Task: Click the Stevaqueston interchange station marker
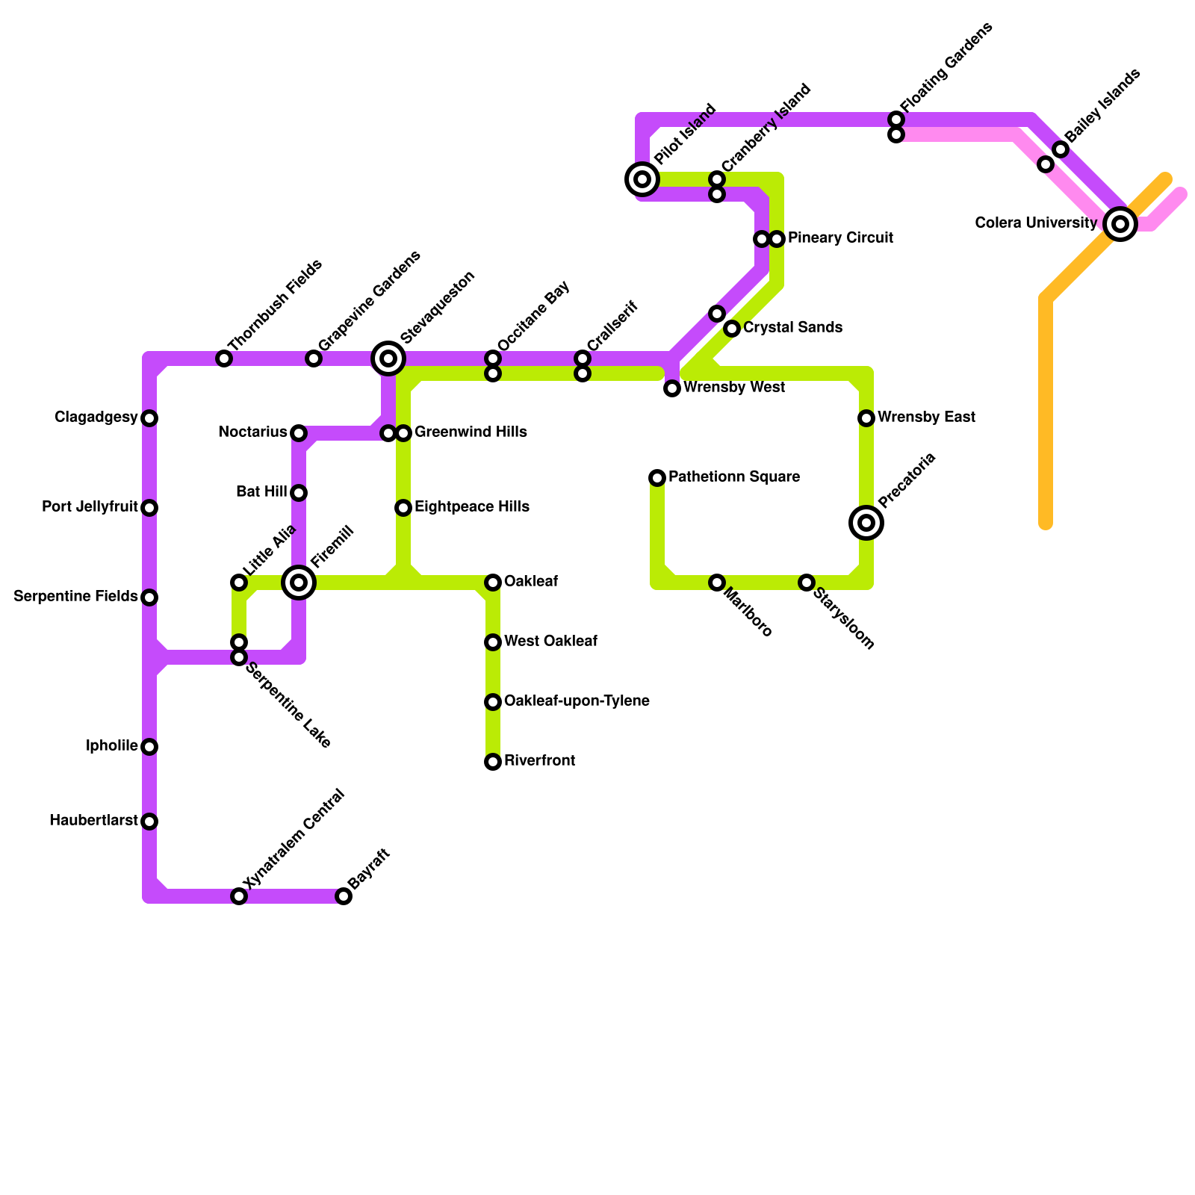(x=388, y=358)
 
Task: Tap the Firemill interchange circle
(x=299, y=582)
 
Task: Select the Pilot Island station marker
(x=642, y=179)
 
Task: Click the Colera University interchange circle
(x=1120, y=223)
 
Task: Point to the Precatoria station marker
(x=866, y=522)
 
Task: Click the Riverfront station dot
(x=493, y=762)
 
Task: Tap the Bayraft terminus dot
(x=344, y=896)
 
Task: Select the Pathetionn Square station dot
(x=657, y=478)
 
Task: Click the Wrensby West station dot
(x=672, y=388)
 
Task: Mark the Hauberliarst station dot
(x=149, y=822)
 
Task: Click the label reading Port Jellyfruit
(x=90, y=508)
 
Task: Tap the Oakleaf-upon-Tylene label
(x=577, y=701)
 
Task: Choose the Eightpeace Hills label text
(x=472, y=507)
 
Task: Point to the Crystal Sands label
(x=792, y=328)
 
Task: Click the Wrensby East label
(x=926, y=418)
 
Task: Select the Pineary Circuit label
(x=840, y=238)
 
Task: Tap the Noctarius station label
(x=252, y=432)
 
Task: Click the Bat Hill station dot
(x=299, y=493)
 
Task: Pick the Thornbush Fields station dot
(x=224, y=358)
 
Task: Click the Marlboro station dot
(x=717, y=583)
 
